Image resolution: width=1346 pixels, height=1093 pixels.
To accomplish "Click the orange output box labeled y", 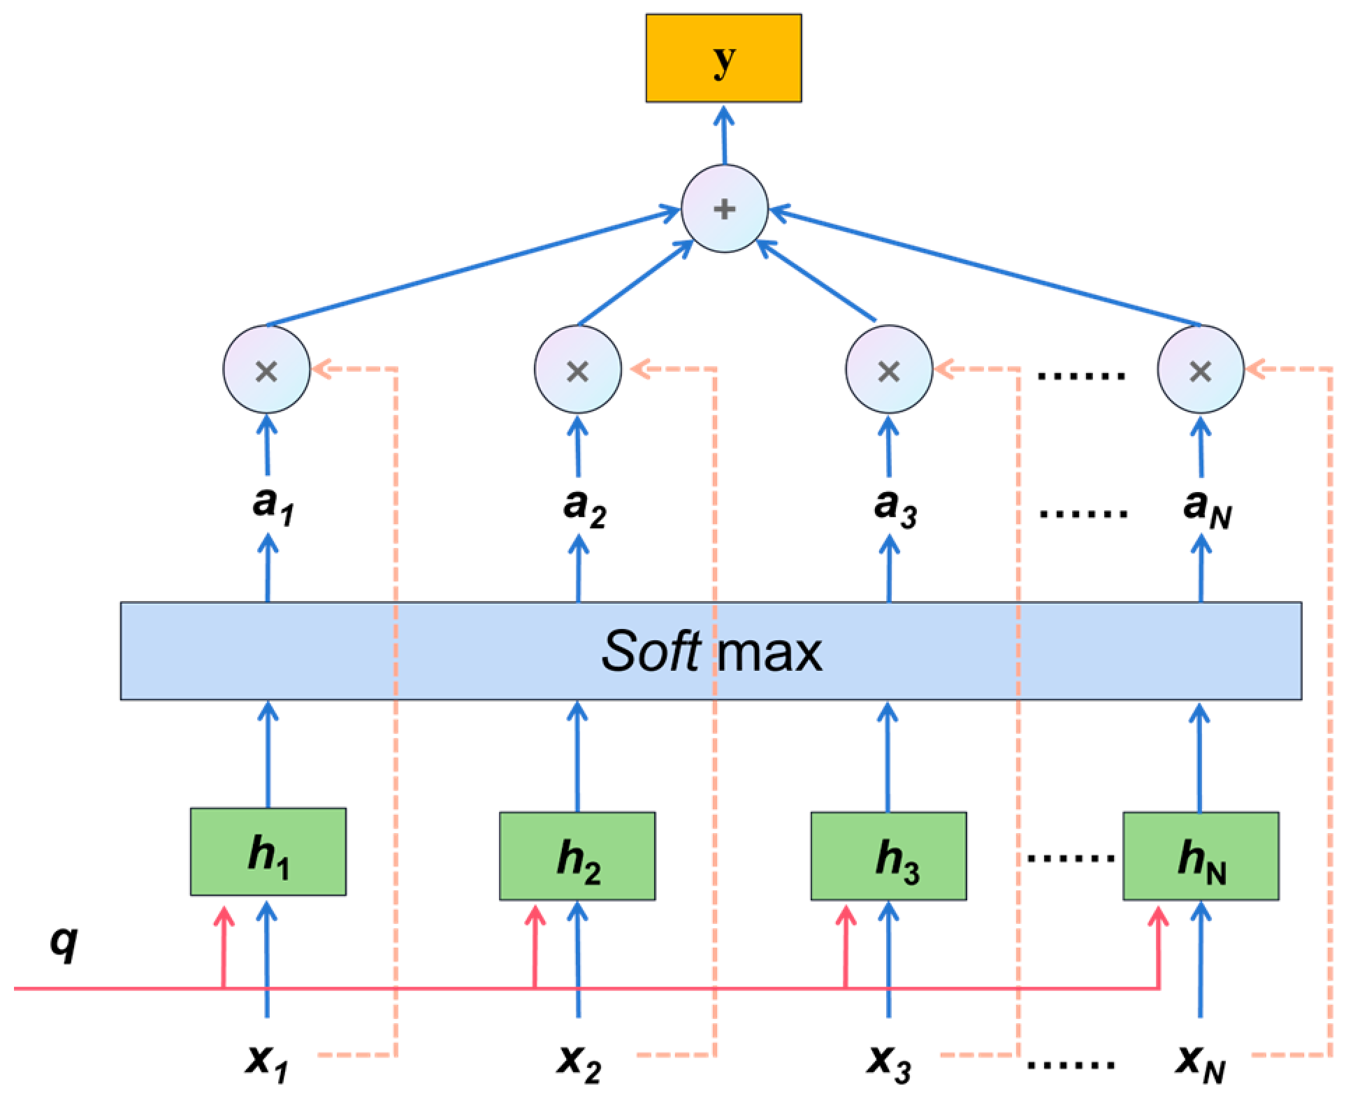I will tap(723, 59).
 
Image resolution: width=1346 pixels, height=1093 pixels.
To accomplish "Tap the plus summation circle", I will tap(725, 209).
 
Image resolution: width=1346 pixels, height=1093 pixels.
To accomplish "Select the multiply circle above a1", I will tap(266, 371).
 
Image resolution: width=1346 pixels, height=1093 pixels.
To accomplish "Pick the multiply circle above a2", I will tap(577, 371).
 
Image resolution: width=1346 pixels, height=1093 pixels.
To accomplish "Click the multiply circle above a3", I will tap(888, 371).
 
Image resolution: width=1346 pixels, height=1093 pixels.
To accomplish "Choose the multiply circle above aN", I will tap(1200, 371).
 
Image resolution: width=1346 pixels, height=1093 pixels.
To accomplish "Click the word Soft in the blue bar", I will tap(651, 653).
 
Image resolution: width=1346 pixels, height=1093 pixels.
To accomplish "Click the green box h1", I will tap(268, 851).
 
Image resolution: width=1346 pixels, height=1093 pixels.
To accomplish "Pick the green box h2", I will tap(577, 855).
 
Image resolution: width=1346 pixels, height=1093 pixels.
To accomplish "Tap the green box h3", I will tap(889, 855).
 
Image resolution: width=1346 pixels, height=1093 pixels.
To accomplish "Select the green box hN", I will tap(1201, 855).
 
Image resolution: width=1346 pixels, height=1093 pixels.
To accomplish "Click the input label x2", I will tap(579, 1063).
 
